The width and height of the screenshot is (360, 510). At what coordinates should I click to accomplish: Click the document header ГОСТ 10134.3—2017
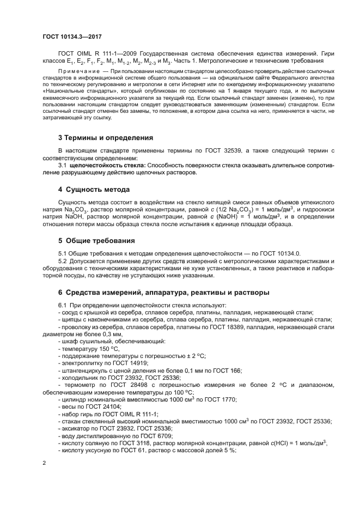[72, 37]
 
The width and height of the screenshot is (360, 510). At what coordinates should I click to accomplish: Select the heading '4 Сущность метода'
[94, 190]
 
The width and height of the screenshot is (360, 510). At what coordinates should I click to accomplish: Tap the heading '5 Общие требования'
[97, 240]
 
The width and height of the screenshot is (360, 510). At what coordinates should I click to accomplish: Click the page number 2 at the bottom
[45, 463]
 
